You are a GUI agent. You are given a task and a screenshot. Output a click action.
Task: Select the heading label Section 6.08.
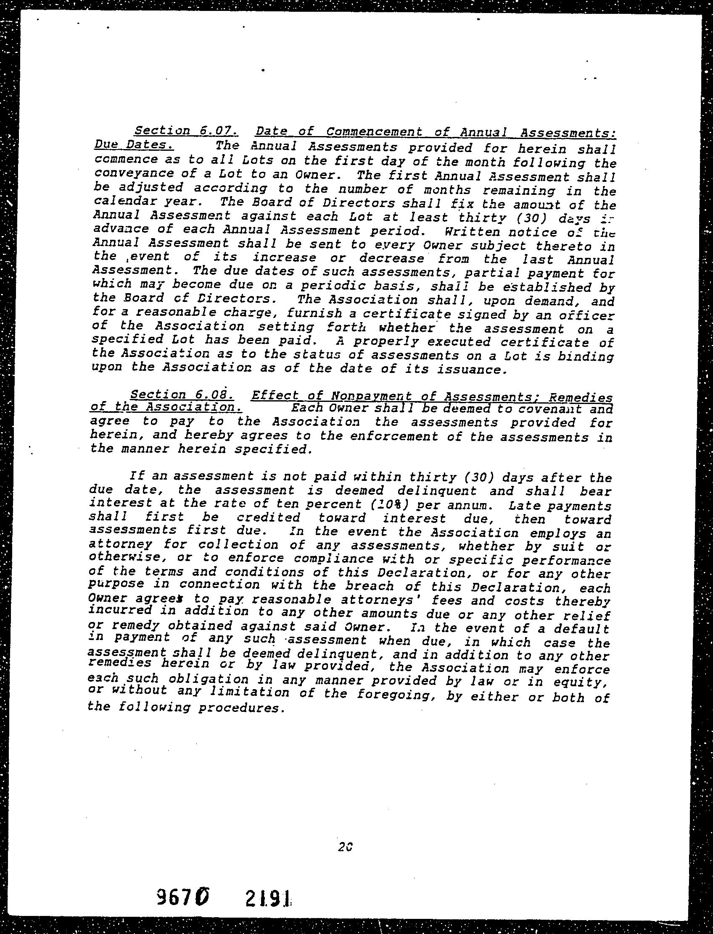(182, 395)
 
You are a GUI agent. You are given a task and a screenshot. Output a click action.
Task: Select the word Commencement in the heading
(375, 132)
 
